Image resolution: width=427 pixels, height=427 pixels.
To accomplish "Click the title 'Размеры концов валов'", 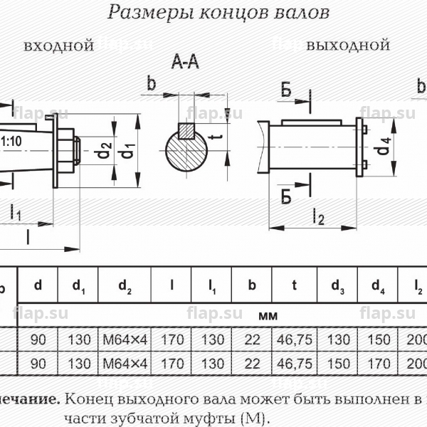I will coord(218,12).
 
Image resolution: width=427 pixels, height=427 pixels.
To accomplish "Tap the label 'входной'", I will coord(59,46).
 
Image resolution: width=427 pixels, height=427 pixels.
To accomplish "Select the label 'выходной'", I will coord(348,46).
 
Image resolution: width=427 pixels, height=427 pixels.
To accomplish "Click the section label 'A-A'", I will coord(185,64).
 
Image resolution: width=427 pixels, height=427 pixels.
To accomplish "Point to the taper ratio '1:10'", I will coord(11,140).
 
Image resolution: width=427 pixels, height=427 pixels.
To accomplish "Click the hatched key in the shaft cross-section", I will coord(186,131).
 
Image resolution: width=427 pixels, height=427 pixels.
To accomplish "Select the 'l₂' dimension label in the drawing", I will coord(317,218).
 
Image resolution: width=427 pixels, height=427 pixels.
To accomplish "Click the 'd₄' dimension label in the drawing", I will coord(384,147).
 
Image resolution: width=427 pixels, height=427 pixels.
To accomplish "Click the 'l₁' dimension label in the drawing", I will coord(15,211).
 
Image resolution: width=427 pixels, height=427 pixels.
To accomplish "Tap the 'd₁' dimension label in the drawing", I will coord(129,151).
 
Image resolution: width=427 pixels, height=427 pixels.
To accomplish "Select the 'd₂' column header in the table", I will coord(125,288).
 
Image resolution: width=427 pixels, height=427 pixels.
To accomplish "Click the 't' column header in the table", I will coord(293,287).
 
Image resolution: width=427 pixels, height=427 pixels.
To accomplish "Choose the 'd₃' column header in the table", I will coord(338,288).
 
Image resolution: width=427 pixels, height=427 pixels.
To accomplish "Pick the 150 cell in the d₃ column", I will coord(338,364).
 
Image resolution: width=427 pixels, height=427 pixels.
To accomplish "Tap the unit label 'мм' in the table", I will coord(268,314).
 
